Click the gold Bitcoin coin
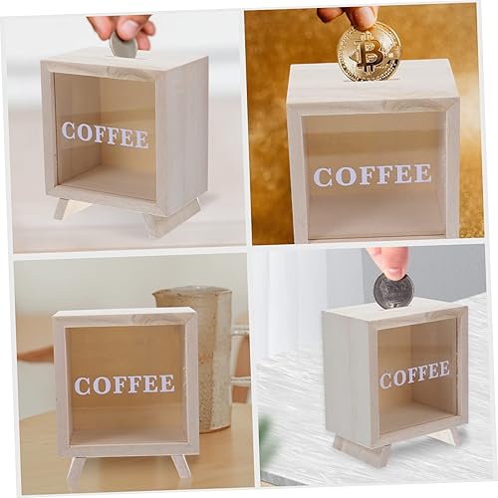click(x=369, y=51)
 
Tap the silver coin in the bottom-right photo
click(x=392, y=291)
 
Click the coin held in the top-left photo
click(x=124, y=46)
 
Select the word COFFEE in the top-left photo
click(x=105, y=133)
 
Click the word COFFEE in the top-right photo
click(x=373, y=175)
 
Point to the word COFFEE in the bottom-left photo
click(x=124, y=384)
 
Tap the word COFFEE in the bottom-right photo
click(x=414, y=374)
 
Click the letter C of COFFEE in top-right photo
click(x=323, y=177)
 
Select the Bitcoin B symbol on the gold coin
click(x=370, y=52)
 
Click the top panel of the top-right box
click(x=373, y=84)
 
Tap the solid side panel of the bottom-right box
click(x=347, y=378)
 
